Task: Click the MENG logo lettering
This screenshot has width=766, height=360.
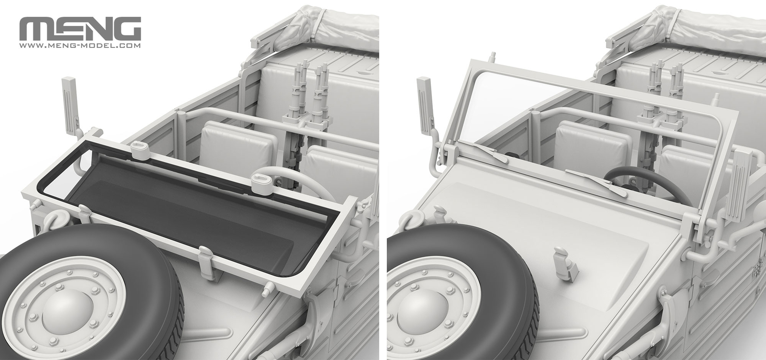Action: [79, 29]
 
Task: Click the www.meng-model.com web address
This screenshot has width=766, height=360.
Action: [79, 46]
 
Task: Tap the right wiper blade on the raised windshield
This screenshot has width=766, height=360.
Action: [594, 182]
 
